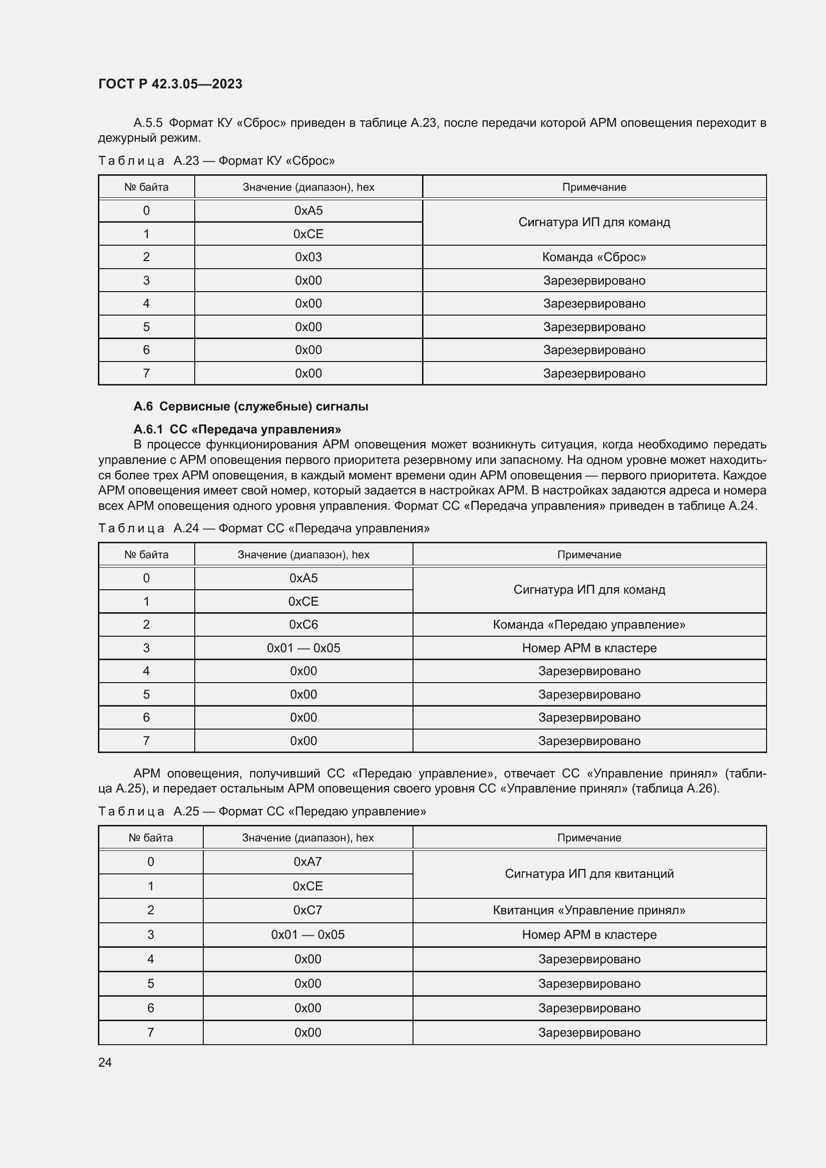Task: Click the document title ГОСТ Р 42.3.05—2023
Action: tap(170, 84)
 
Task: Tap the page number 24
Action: tap(105, 1062)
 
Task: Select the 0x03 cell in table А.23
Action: tap(308, 257)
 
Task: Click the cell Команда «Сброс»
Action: tap(594, 257)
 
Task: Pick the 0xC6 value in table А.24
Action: tap(303, 624)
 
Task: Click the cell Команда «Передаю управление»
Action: tap(589, 624)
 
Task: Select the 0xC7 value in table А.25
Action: tap(307, 910)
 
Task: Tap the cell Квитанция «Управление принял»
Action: tap(589, 910)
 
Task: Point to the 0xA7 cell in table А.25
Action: tap(307, 862)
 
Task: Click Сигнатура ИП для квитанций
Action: tap(589, 873)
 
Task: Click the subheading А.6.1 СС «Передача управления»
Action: tap(237, 429)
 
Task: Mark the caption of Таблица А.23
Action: tap(216, 161)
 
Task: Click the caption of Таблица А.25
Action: tap(262, 811)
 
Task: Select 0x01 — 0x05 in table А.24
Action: tap(303, 648)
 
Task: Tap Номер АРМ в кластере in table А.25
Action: tap(589, 934)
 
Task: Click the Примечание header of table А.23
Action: tap(594, 187)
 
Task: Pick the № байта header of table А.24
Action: tap(146, 554)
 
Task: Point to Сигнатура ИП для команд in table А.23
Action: tap(594, 222)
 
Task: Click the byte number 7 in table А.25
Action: tap(150, 1032)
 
